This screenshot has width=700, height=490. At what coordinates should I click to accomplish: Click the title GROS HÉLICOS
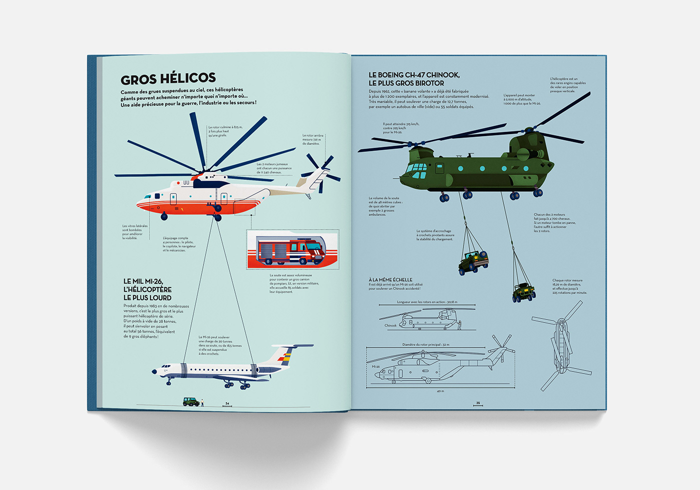coord(168,79)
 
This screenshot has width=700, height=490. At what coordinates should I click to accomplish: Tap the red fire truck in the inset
coord(290,251)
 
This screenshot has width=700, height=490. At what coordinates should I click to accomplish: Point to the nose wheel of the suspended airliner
coord(168,381)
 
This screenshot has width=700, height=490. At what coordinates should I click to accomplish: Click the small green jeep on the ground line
coord(190,401)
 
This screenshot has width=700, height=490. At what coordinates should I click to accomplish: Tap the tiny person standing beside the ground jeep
coord(202,402)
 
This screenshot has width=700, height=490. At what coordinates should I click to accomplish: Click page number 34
coord(227,403)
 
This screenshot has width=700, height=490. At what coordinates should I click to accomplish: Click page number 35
coord(478,403)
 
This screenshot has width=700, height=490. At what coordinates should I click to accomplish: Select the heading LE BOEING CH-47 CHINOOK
coord(414,75)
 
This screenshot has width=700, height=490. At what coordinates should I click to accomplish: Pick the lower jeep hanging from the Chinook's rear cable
coord(524,291)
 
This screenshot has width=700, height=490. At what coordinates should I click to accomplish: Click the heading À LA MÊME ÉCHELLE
coord(390,279)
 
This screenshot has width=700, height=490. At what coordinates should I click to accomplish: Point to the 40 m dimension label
coord(440,391)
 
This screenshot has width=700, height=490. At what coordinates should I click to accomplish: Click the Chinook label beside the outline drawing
coord(390,325)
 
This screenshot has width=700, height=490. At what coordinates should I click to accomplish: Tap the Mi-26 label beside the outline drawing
coord(375,366)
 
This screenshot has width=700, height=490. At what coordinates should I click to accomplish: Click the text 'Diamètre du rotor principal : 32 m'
coord(425,344)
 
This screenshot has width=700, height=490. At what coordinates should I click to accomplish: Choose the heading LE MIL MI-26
coord(143,281)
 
